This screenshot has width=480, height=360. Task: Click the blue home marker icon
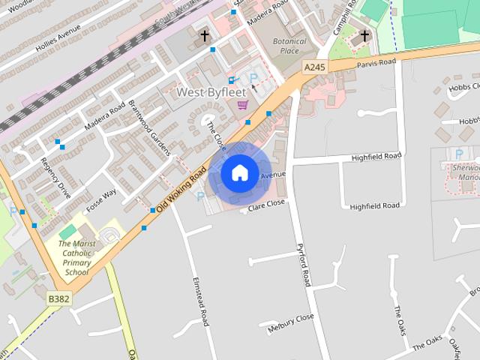[x=239, y=173]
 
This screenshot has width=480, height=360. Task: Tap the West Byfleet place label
[x=211, y=92]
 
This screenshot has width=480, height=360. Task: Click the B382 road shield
[x=58, y=298]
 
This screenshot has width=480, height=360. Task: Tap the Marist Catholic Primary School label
[x=76, y=258]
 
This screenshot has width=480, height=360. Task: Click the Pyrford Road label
[x=304, y=265]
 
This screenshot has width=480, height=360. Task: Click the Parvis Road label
[x=376, y=63]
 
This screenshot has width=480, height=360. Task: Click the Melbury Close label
[x=291, y=323]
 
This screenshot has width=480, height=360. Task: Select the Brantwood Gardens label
[x=149, y=123]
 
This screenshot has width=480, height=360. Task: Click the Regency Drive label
[x=55, y=178]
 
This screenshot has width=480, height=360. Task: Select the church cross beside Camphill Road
[x=364, y=35]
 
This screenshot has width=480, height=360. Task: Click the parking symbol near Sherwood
[x=458, y=154]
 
